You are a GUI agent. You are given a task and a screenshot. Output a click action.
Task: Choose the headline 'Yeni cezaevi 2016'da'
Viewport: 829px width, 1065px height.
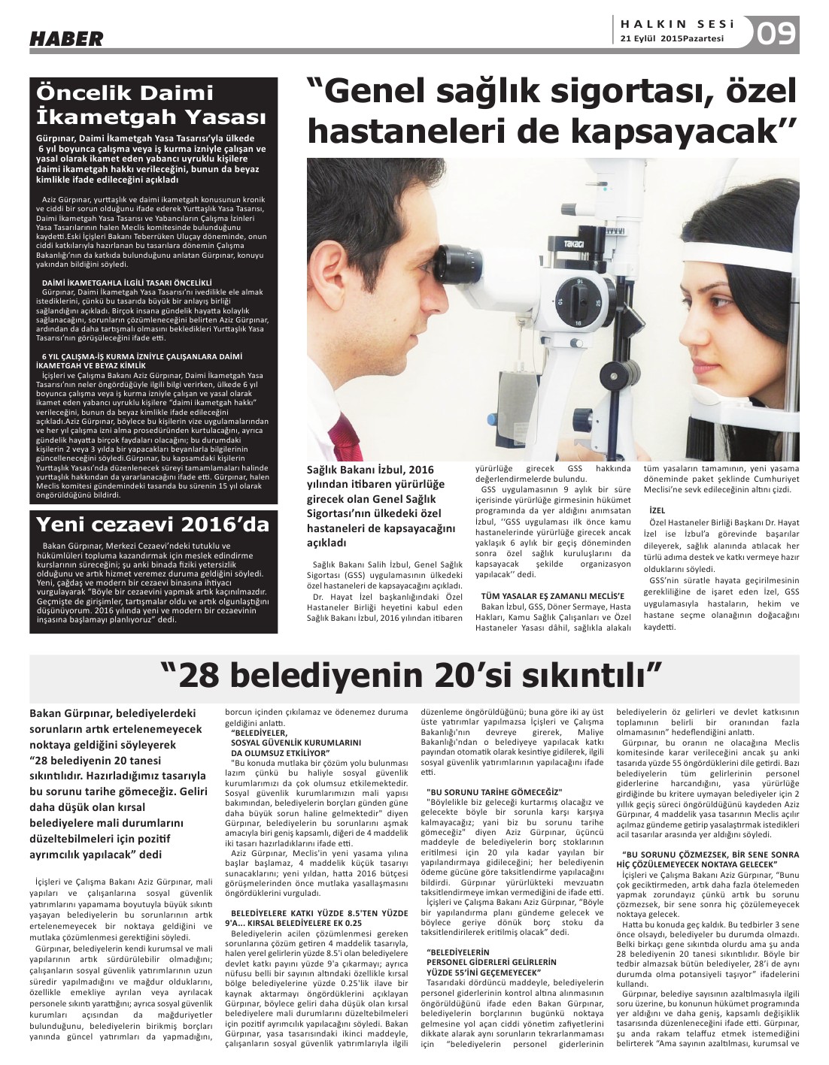click(153, 524)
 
